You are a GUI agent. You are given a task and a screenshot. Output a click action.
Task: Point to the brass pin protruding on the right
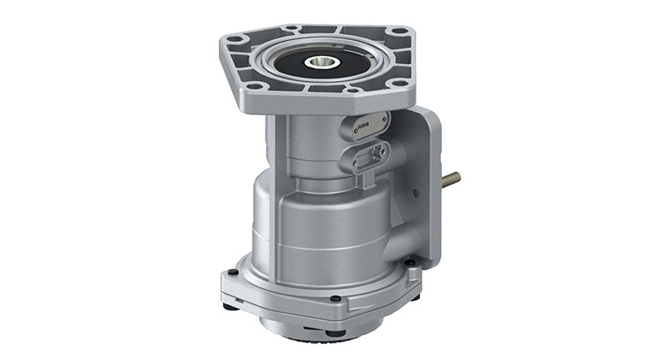pyautogui.click(x=452, y=178)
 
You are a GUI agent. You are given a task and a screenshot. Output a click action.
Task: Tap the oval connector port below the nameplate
pyautogui.click(x=370, y=154)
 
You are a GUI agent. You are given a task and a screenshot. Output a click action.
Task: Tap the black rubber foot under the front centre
pyautogui.click(x=333, y=332)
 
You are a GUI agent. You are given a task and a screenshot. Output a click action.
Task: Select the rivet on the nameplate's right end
pyautogui.click(x=382, y=119)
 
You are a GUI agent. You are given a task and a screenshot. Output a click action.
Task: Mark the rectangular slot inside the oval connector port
pyautogui.click(x=370, y=154)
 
